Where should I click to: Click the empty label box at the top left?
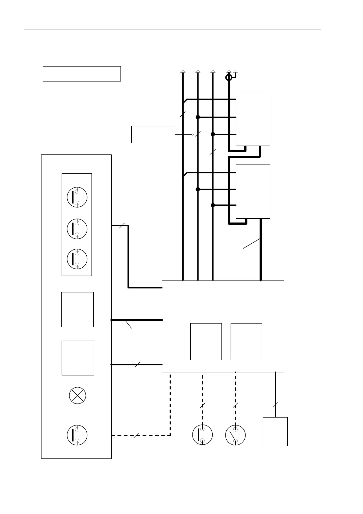pyautogui.click(x=82, y=74)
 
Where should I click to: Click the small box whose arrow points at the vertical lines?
pyautogui.click(x=153, y=134)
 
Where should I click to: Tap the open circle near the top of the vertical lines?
pyautogui.click(x=229, y=78)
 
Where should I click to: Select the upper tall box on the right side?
pyautogui.click(x=253, y=119)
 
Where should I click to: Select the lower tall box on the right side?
pyautogui.click(x=253, y=191)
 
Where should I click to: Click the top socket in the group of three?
pyautogui.click(x=77, y=197)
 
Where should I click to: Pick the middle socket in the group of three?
pyautogui.click(x=77, y=229)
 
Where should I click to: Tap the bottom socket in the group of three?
pyautogui.click(x=77, y=259)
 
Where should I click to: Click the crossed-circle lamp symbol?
pyautogui.click(x=77, y=396)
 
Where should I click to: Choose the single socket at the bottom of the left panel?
pyautogui.click(x=77, y=435)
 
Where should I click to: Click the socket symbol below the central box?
pyautogui.click(x=203, y=435)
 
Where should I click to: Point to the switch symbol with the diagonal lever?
pyautogui.click(x=235, y=435)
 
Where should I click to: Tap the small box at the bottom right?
pyautogui.click(x=275, y=431)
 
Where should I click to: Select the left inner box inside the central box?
pyautogui.click(x=206, y=342)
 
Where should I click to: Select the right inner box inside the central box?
pyautogui.click(x=246, y=342)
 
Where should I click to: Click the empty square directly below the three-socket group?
pyautogui.click(x=77, y=309)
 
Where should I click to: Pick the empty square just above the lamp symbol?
pyautogui.click(x=78, y=358)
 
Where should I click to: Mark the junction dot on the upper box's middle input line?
pyautogui.click(x=198, y=117)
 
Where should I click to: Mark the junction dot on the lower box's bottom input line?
pyautogui.click(x=213, y=205)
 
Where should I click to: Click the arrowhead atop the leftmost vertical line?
pyautogui.click(x=183, y=71)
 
